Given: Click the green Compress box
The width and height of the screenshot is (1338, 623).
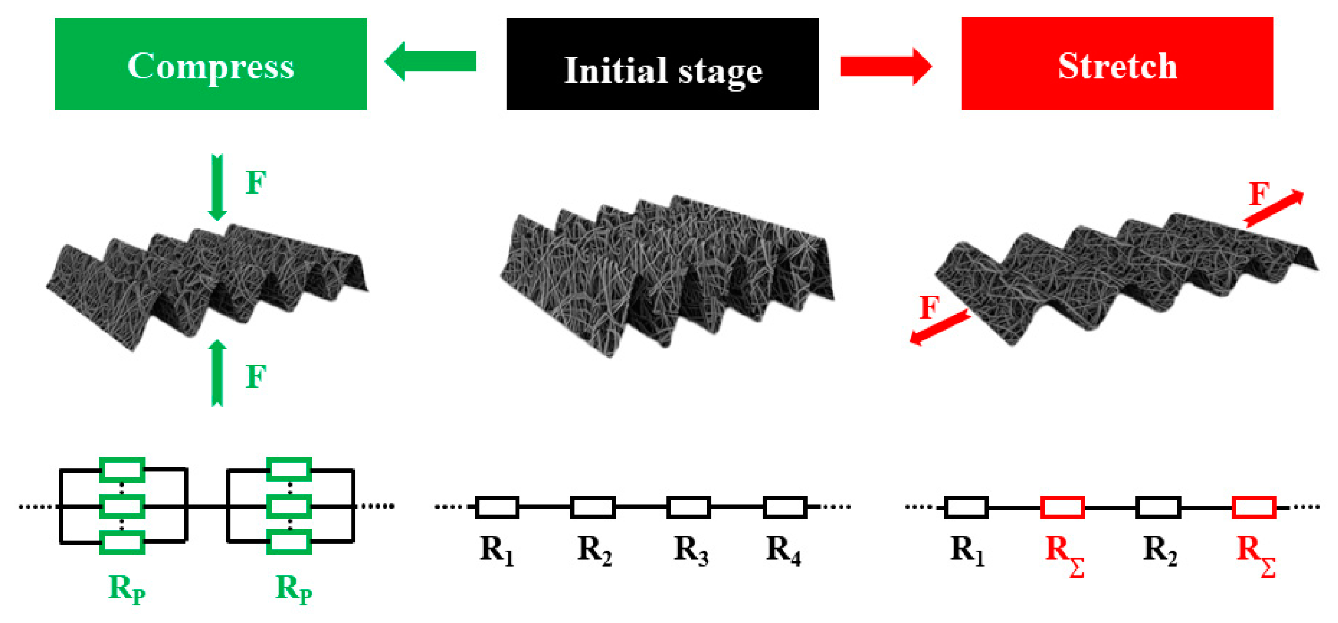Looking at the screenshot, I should [210, 64].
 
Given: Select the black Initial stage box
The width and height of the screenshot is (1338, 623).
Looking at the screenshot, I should [662, 64].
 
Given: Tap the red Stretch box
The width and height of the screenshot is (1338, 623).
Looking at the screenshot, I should [1117, 64].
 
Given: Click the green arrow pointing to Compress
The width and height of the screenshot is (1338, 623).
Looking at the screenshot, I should [430, 61].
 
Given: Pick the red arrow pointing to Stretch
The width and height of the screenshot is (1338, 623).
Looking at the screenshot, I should [885, 67].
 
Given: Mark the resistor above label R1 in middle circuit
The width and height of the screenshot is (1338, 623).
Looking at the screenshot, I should [497, 507].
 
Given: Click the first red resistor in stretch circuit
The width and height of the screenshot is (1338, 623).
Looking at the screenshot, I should [1063, 507].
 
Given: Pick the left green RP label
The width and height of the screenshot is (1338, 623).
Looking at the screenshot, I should [126, 589].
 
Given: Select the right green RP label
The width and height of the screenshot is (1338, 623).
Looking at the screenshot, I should [293, 589].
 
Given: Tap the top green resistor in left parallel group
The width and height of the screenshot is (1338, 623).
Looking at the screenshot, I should [122, 470].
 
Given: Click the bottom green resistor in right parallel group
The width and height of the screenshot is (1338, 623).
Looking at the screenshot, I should [289, 542].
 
